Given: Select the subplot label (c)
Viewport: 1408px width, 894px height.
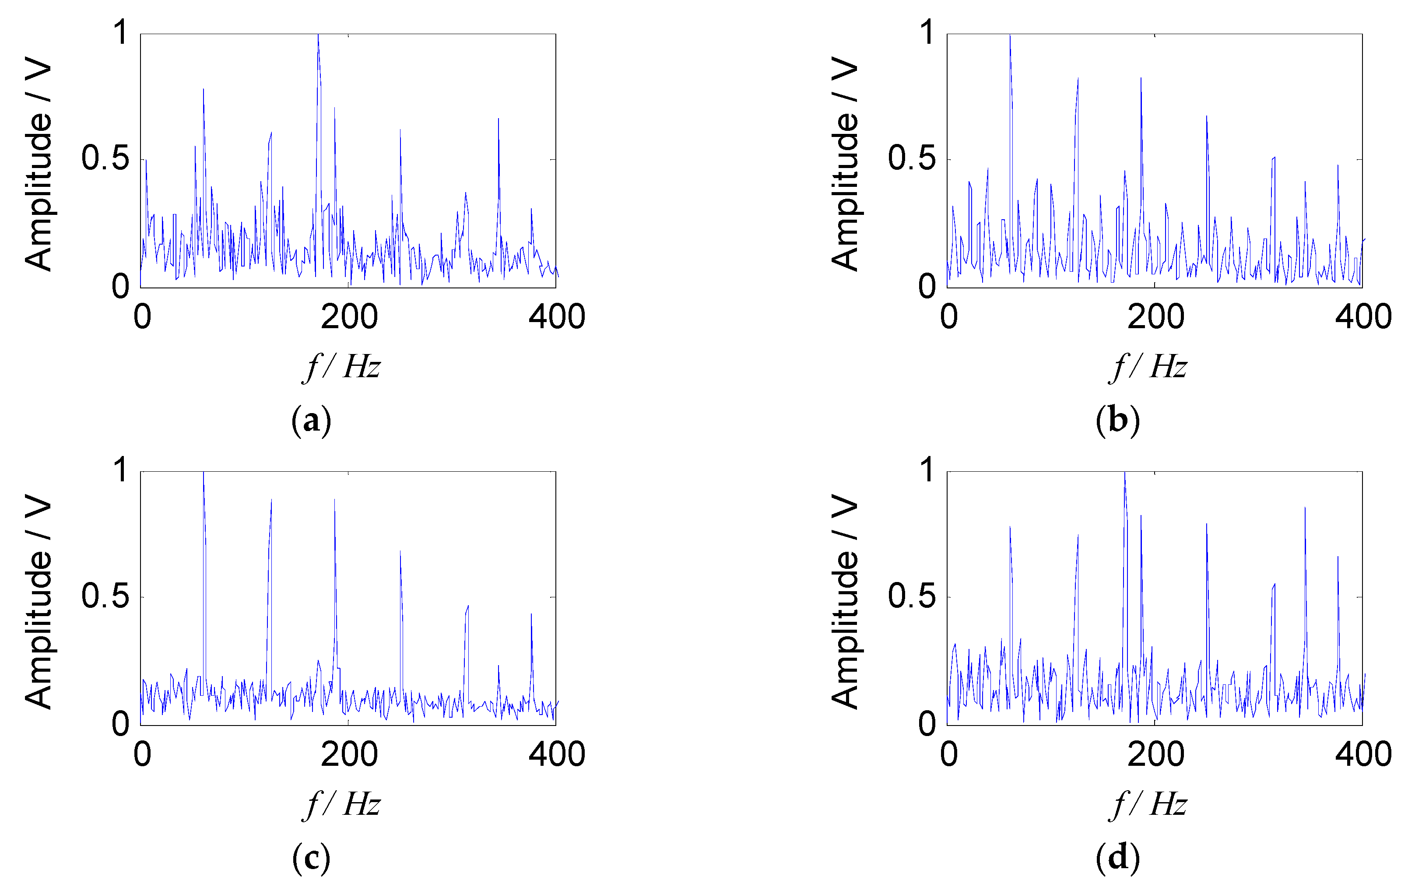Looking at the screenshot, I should [311, 858].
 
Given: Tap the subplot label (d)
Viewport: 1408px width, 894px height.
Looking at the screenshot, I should [1117, 858].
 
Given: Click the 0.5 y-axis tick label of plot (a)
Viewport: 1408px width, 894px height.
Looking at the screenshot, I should [105, 158].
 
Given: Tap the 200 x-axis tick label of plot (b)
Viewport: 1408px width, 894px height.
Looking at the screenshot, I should [1155, 317].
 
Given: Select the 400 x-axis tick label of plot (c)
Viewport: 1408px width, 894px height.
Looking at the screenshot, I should [556, 754].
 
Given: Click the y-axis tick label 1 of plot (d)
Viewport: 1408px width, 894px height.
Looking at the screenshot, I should [927, 470].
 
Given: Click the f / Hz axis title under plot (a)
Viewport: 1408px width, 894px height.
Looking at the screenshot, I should [343, 367].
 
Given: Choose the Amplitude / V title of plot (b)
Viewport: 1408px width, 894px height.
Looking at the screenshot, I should [844, 164].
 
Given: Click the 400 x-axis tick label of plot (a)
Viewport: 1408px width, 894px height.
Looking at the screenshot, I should [556, 317].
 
